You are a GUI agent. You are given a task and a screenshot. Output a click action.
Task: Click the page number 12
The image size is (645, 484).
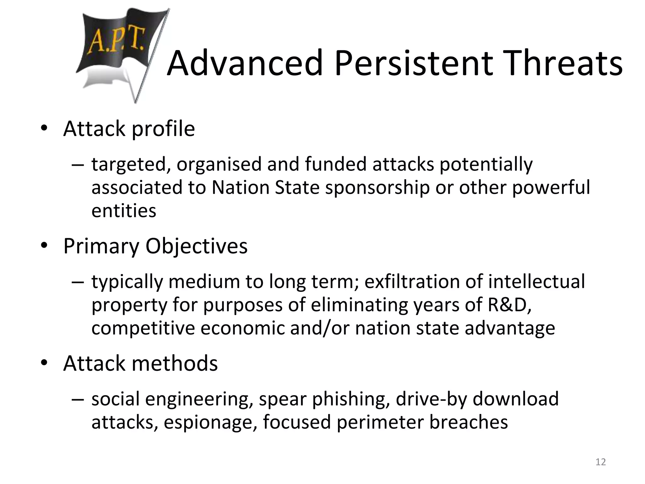point(601,462)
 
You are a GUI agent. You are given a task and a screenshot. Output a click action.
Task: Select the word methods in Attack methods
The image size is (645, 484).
point(174,363)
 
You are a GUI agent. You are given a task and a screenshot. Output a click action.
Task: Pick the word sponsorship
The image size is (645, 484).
point(377,188)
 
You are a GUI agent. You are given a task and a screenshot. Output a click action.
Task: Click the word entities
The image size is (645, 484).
point(124,211)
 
